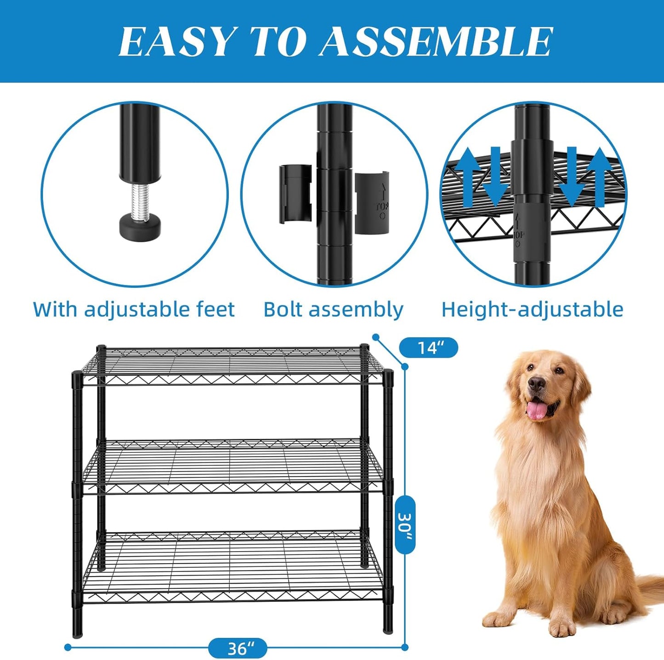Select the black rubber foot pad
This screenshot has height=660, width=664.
(141, 226)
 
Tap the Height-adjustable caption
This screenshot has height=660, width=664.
(532, 309)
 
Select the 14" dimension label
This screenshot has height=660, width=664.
(428, 347)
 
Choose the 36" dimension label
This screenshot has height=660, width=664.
(238, 648)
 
